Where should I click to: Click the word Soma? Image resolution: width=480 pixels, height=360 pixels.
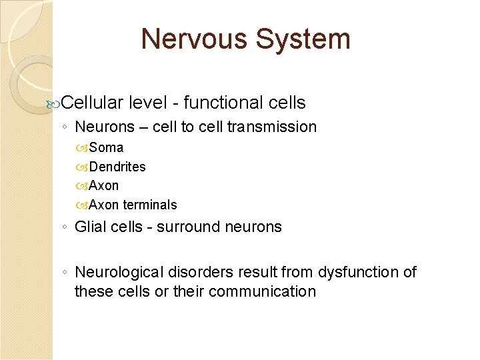pos(106,147)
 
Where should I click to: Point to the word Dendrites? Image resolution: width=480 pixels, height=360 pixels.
pos(117,167)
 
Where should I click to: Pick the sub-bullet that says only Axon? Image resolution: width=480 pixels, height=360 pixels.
pos(104,185)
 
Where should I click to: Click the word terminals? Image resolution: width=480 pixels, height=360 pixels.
pos(150,205)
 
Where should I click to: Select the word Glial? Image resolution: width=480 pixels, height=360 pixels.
pos(89,227)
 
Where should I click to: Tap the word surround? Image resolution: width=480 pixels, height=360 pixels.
pos(183,227)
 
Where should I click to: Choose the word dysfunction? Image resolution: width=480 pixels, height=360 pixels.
pos(352,272)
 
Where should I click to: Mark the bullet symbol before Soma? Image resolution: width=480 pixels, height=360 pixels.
pos(83,148)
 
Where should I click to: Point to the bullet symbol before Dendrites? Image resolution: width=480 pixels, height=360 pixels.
pos(83,167)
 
